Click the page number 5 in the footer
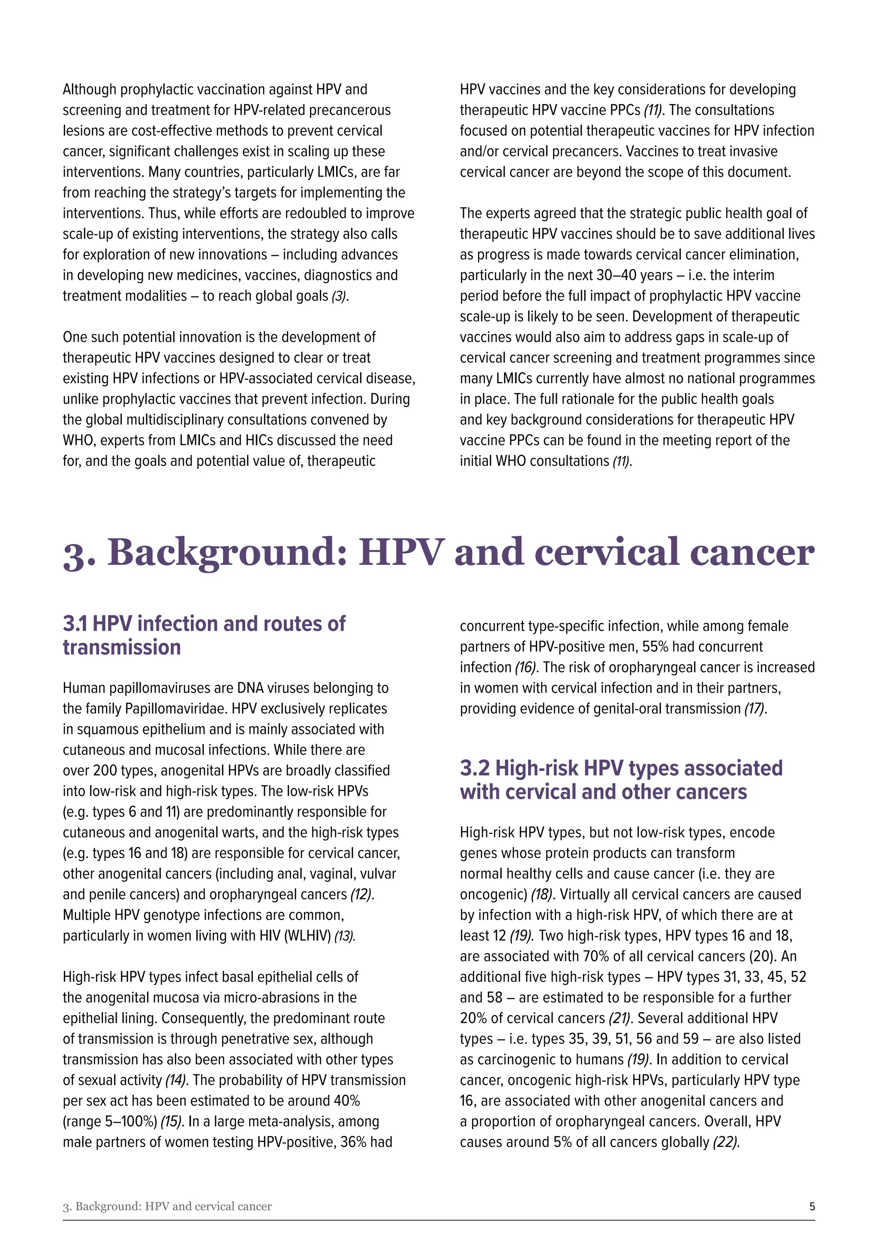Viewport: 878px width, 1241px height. [x=812, y=1206]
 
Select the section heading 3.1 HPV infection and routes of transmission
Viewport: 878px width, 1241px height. [x=204, y=635]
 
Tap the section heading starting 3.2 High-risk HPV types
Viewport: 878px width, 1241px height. [x=621, y=779]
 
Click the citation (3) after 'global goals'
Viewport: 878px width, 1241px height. [x=340, y=296]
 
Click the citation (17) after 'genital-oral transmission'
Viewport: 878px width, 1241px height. [x=755, y=709]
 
